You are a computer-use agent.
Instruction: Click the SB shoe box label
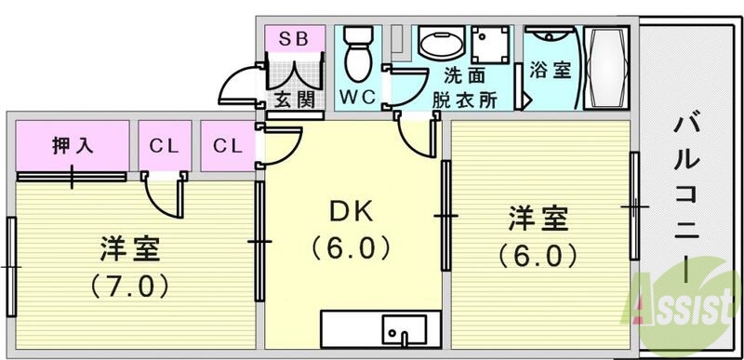point(293,38)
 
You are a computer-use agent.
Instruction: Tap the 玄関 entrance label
point(292,99)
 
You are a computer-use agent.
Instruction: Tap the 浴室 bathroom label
point(550,70)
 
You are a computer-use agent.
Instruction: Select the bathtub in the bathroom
point(609,66)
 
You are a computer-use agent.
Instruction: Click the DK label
point(352,213)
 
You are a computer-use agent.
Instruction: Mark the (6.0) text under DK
point(352,249)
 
